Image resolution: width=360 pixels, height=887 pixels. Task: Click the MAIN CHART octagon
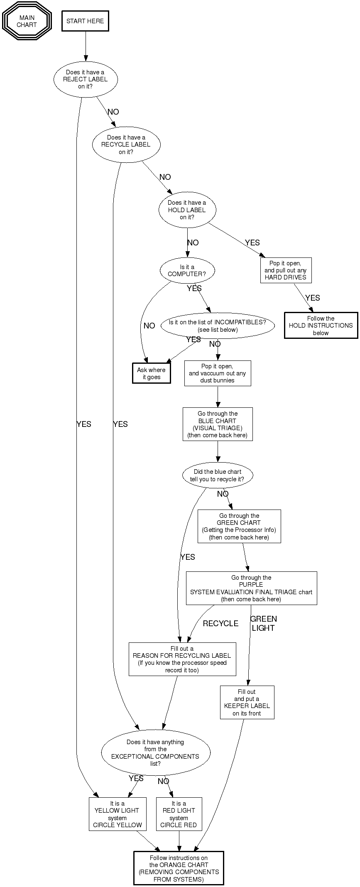point(27,21)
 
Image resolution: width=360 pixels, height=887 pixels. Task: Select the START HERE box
point(85,21)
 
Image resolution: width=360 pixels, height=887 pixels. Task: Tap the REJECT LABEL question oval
point(86,79)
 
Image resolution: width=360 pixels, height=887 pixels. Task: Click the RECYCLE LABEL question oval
point(126,145)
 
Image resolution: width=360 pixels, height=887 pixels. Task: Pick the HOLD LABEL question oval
point(187,210)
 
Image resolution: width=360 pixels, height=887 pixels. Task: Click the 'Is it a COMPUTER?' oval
point(187,271)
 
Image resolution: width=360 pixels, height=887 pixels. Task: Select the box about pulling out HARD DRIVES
point(286,270)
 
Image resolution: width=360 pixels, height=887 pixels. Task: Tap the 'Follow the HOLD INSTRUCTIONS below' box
point(321,326)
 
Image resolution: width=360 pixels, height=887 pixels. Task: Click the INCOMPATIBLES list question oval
point(218,326)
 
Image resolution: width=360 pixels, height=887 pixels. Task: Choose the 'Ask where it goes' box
point(152,373)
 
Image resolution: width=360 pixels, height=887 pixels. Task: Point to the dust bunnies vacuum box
point(218,373)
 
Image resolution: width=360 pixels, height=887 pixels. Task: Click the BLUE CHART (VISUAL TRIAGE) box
point(218,424)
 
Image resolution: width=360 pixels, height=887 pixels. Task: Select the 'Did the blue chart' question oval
point(218,475)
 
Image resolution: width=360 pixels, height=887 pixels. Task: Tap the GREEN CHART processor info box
point(239,526)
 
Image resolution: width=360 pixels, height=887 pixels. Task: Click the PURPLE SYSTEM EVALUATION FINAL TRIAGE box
point(251,588)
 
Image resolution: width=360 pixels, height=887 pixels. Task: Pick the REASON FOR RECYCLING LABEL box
point(182,659)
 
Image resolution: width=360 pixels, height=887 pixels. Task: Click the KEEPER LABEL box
point(247,702)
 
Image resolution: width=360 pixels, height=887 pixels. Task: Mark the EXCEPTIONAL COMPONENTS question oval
point(156,752)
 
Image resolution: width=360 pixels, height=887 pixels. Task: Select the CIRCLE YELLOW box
point(118,814)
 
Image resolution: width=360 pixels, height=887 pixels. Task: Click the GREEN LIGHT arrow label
point(264,623)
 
